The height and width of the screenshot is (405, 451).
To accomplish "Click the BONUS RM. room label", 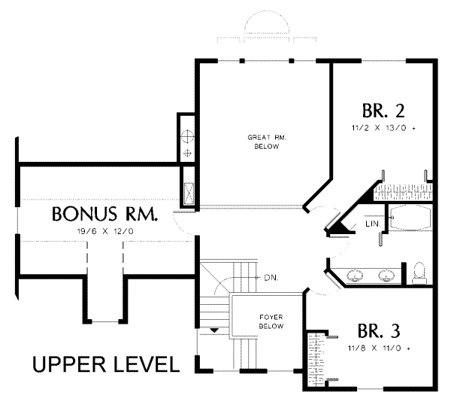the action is pos(104,214).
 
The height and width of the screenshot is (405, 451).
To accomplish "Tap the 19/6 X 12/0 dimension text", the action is pos(105,231).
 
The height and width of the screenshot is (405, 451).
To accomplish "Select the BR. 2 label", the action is pos(383,111).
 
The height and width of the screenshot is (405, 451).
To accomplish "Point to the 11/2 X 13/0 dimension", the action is pos(383,128).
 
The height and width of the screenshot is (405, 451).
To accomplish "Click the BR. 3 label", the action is pos(379,331).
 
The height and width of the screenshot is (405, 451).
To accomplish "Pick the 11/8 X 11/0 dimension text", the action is pos(379,349).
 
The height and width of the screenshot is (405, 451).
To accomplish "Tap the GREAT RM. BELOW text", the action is pos(267,142).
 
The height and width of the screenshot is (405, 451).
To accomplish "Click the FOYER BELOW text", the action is pos(271,321).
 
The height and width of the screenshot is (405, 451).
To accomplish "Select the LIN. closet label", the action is pos(373,224).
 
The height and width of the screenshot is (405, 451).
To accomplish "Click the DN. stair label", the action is pos(271,278).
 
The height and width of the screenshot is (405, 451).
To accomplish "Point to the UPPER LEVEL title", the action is pos(106,364).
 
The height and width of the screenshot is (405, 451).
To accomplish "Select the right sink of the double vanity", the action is pos(385,275).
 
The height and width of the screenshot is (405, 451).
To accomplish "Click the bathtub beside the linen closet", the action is pos(410,218).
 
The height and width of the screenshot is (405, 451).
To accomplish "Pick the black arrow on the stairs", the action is pos(214,330).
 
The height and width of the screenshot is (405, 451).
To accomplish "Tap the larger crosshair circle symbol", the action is pos(187,136).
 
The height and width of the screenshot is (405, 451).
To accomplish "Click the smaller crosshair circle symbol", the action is pos(187,153).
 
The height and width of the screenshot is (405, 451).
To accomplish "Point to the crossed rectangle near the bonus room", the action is pos(189,193).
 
